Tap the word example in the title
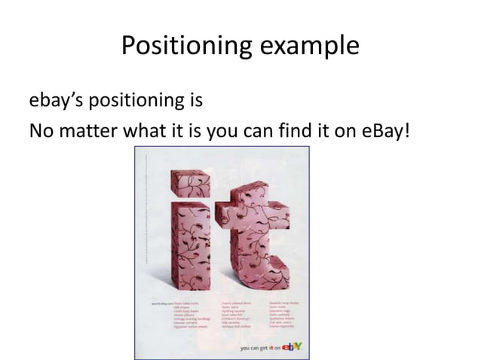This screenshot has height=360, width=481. (x=308, y=48)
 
